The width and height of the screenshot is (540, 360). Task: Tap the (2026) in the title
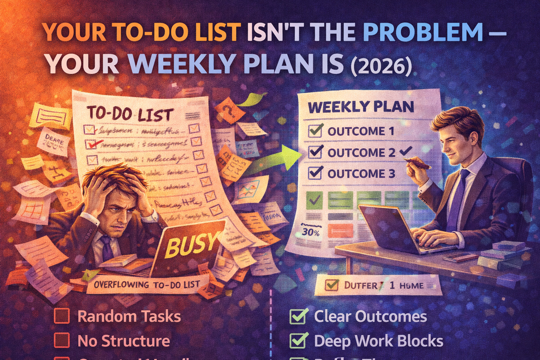381,65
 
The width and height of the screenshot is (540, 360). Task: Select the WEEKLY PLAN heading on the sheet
361,107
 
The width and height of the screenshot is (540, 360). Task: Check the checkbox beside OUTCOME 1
315,131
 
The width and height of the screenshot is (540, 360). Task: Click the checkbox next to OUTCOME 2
315,152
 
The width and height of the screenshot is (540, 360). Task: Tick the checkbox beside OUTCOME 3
315,173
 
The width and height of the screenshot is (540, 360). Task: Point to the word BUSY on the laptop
190,244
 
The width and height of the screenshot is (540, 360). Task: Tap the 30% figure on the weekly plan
311,232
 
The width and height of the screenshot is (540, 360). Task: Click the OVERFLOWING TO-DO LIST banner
147,285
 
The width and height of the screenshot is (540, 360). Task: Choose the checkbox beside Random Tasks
62,316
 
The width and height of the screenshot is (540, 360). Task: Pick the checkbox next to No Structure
62,340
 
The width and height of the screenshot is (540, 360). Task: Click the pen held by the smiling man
417,162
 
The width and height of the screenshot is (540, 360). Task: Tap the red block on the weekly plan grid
340,230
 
